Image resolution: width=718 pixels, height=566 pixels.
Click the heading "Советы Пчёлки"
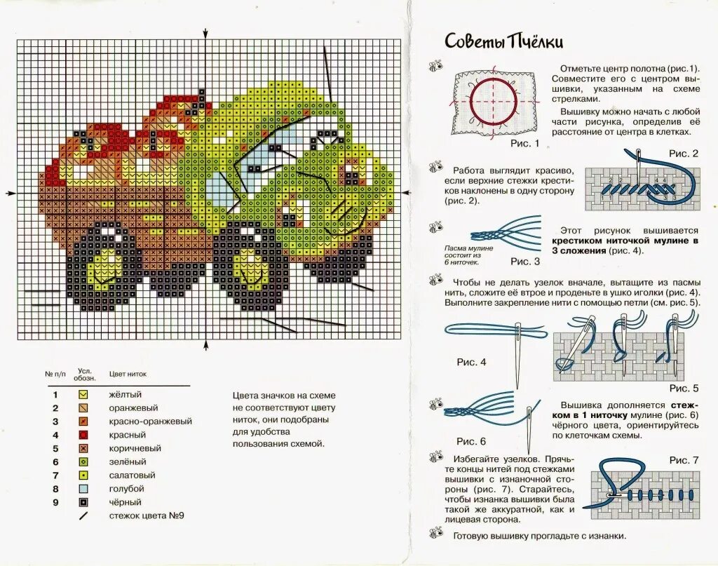pyautogui.click(x=503, y=41)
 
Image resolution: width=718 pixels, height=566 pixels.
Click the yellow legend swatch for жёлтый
pyautogui.click(x=83, y=394)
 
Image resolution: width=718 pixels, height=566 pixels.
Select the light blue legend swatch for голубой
pyautogui.click(x=83, y=489)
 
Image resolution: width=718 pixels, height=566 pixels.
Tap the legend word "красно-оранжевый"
pyautogui.click(x=150, y=422)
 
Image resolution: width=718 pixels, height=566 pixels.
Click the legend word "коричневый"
pyautogui.click(x=135, y=448)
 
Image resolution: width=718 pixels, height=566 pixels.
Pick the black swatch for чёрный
pyautogui.click(x=83, y=502)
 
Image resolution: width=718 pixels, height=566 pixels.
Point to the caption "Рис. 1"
pyautogui.click(x=524, y=144)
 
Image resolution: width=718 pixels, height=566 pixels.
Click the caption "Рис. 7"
pyautogui.click(x=684, y=460)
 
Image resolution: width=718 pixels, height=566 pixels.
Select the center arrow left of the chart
pyautogui.click(x=10, y=193)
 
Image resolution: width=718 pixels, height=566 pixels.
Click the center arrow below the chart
pyautogui.click(x=205, y=345)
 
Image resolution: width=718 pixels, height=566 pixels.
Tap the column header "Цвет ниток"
pyautogui.click(x=128, y=374)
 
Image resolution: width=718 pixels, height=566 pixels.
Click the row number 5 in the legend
pyautogui.click(x=55, y=448)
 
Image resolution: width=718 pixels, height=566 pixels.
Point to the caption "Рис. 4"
pyautogui.click(x=471, y=362)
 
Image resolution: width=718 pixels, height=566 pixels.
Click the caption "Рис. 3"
pyautogui.click(x=525, y=262)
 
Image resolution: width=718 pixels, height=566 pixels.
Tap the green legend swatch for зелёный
pyautogui.click(x=83, y=461)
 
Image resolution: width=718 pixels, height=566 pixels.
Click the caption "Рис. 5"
pyautogui.click(x=684, y=388)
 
